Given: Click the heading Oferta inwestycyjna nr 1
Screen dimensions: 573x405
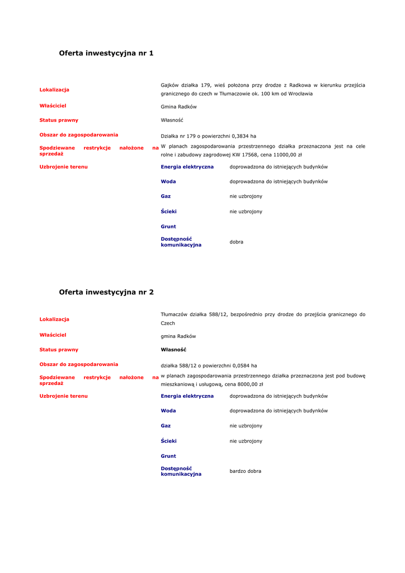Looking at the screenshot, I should pyautogui.click(x=106, y=53).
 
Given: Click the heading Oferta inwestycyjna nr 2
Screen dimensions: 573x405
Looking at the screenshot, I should pyautogui.click(x=106, y=292).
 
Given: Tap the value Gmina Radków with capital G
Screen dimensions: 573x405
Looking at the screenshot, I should pyautogui.click(x=178, y=107).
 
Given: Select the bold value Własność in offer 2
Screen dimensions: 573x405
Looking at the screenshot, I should pyautogui.click(x=173, y=350).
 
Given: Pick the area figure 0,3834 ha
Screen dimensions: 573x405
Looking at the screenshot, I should pyautogui.click(x=244, y=136).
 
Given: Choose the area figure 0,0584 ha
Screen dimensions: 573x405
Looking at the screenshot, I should pyautogui.click(x=245, y=365).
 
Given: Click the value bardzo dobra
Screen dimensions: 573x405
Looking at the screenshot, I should pyautogui.click(x=245, y=471).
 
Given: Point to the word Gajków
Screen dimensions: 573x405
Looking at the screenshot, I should pyautogui.click(x=171, y=85).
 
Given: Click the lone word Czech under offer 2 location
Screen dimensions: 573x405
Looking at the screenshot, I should pyautogui.click(x=168, y=323).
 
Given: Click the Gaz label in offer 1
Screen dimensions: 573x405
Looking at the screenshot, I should pyautogui.click(x=166, y=196).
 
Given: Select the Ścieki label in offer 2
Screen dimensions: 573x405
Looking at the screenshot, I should pyautogui.click(x=168, y=441).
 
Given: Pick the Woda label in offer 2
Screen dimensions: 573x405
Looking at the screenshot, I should pyautogui.click(x=168, y=411).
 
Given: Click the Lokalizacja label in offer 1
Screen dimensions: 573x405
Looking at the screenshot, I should pyautogui.click(x=54, y=90).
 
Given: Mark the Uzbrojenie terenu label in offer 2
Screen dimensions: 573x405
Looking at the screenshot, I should pyautogui.click(x=63, y=396).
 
